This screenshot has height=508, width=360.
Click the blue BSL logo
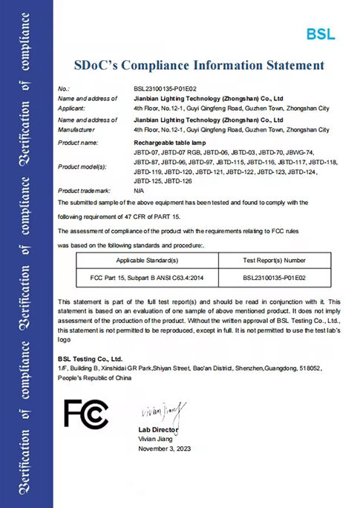321,33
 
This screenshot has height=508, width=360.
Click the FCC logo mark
87,413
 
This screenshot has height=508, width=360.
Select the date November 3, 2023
164,449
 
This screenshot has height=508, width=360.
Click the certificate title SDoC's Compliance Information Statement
199,66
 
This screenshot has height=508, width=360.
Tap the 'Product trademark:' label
83,191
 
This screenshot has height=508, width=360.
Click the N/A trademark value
140,191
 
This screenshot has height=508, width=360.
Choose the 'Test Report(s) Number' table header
274,261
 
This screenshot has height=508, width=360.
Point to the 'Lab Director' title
158,430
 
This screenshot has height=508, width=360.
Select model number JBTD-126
179,181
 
